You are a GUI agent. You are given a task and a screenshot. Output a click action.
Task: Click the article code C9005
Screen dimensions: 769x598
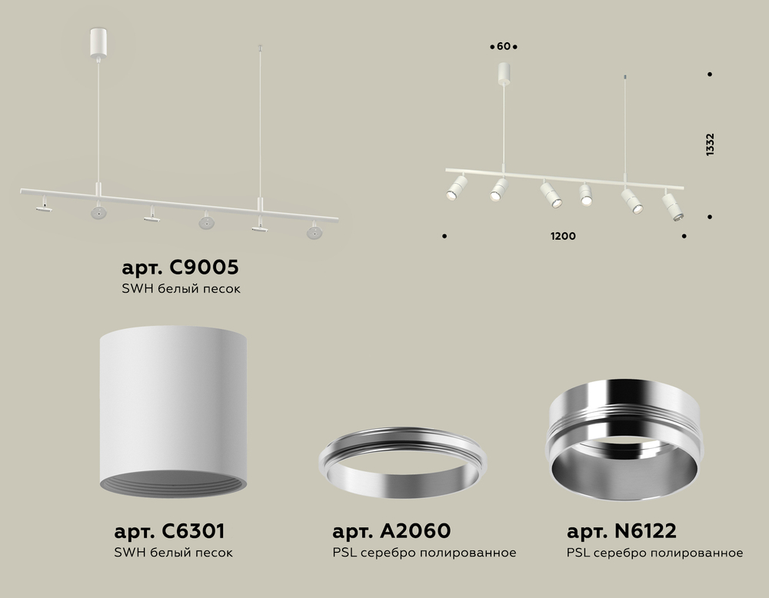click(204, 267)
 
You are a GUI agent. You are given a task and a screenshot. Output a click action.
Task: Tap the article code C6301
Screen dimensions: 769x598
click(193, 531)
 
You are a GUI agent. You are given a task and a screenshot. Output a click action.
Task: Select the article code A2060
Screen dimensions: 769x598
click(415, 530)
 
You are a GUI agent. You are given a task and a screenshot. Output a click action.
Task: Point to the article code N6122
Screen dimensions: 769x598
click(645, 530)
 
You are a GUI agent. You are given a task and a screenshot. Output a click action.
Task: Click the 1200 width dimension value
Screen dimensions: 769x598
click(563, 236)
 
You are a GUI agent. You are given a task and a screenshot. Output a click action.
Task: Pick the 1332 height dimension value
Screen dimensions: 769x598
click(710, 145)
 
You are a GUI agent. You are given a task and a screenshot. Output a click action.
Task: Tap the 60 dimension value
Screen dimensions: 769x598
click(504, 47)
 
